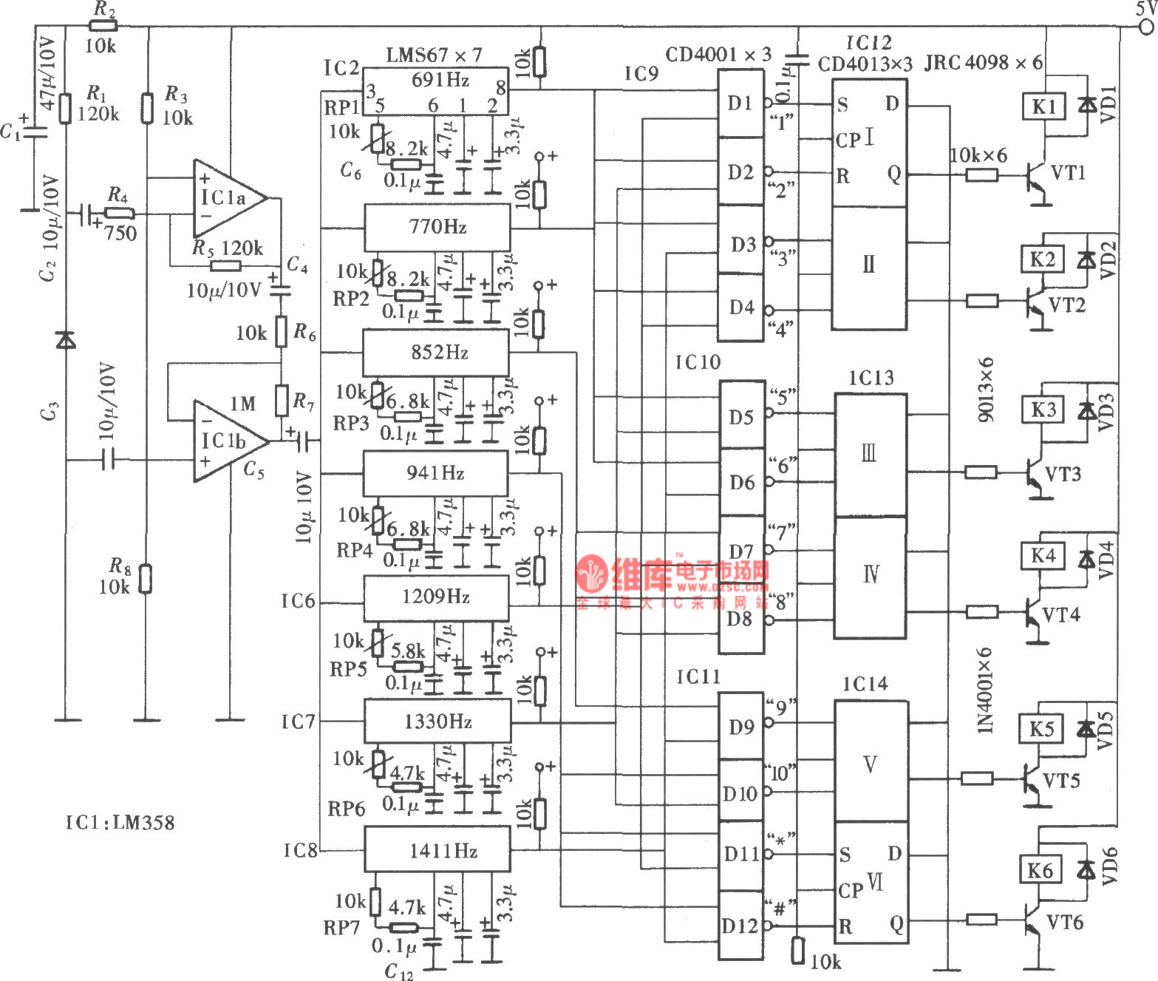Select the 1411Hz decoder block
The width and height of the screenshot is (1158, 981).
437,849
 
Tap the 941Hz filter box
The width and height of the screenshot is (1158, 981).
435,473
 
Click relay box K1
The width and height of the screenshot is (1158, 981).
1043,106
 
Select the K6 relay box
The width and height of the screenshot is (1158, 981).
1041,870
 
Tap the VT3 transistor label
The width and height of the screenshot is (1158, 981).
1063,474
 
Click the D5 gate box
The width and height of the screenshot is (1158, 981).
741,415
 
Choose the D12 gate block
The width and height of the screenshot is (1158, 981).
740,925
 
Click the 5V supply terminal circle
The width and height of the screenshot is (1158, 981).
1146,27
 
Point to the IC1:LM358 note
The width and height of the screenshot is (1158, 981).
120,822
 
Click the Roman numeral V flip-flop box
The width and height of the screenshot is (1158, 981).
871,761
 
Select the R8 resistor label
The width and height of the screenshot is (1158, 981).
120,566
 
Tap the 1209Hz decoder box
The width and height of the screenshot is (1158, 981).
436,597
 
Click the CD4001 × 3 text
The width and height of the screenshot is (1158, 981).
718,54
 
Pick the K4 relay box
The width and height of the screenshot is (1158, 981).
1043,555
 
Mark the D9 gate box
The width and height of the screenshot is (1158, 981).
741,726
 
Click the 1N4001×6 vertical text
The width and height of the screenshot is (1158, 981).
986,690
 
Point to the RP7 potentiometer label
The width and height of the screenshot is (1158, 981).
341,928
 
